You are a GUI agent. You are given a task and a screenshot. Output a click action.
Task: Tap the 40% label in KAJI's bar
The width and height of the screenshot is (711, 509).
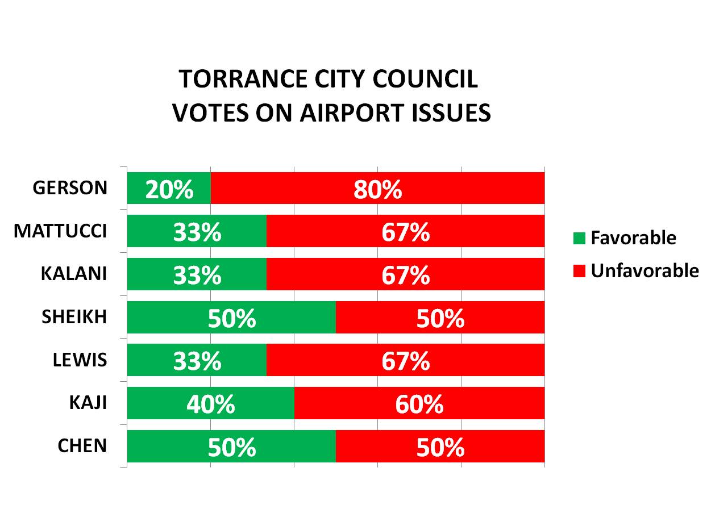click(210, 404)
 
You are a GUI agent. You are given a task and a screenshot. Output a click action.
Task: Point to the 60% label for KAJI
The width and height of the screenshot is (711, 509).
click(419, 404)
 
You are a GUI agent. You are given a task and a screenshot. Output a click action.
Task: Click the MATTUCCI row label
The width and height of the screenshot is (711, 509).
click(60, 231)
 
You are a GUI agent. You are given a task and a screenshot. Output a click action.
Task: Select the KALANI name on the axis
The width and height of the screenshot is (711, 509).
click(73, 274)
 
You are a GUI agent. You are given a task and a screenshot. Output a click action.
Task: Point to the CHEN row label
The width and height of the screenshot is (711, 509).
click(82, 446)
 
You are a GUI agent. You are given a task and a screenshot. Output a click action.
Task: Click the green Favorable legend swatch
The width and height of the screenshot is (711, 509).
click(579, 238)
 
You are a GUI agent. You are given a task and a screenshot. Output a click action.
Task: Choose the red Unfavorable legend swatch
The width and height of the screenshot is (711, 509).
click(579, 271)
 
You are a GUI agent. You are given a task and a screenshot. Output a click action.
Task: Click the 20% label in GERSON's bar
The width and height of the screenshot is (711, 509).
click(169, 189)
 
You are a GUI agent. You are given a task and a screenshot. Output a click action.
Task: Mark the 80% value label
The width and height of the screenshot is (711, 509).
click(377, 189)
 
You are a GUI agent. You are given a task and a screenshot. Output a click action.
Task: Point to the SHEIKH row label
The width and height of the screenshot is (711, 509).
click(74, 317)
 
